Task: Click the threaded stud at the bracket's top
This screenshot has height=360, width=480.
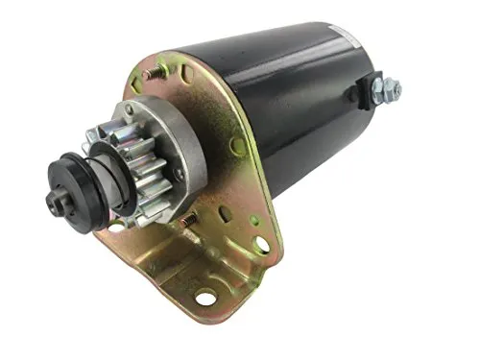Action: coord(151,74)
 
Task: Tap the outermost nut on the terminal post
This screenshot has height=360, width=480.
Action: coord(394,90)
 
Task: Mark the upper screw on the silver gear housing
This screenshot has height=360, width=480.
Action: coord(127,112)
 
